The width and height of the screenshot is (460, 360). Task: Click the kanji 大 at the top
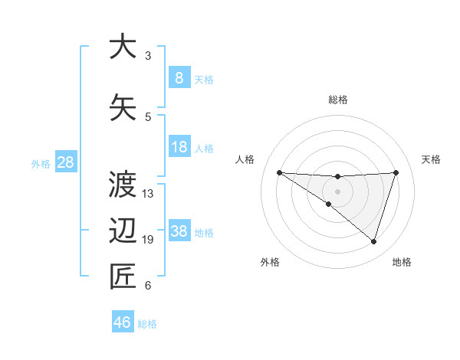(x=123, y=47)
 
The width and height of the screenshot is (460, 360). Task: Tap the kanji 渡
(x=123, y=184)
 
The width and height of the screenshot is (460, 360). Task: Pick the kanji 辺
(x=123, y=231)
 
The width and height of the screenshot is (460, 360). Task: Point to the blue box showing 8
(x=179, y=77)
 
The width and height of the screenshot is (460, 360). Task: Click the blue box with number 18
(x=179, y=147)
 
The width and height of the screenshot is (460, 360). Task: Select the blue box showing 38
(x=179, y=231)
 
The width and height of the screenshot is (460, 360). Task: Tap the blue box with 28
(x=64, y=162)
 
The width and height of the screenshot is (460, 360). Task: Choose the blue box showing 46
(x=123, y=322)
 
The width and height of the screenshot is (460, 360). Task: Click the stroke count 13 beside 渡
(x=148, y=193)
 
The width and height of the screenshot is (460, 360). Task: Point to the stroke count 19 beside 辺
(x=148, y=240)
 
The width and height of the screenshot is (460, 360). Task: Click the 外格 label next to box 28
(x=41, y=163)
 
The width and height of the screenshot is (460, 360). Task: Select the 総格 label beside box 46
(x=147, y=323)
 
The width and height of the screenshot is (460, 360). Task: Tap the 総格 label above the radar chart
(x=337, y=100)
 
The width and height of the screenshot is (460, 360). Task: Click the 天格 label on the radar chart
(x=431, y=159)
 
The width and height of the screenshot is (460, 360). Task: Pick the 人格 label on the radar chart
(x=245, y=159)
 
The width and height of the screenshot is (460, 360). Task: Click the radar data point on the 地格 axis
(x=373, y=241)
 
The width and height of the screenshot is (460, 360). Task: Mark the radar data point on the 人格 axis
(x=279, y=172)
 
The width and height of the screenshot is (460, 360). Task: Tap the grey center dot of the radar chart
(x=337, y=191)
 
